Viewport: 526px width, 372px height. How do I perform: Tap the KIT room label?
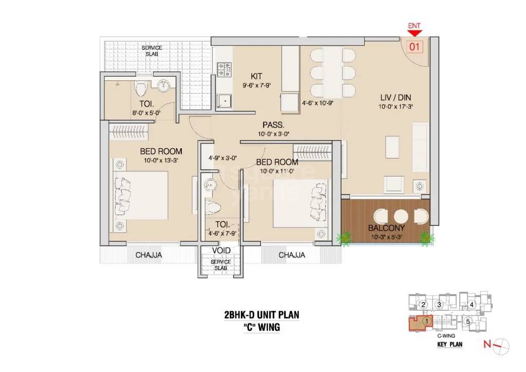[257, 76]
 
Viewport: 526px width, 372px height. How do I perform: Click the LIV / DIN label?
[394, 97]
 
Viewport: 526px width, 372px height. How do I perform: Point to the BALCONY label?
[387, 228]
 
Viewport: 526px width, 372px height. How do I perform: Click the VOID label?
[221, 251]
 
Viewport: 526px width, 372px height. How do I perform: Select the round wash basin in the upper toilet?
[165, 86]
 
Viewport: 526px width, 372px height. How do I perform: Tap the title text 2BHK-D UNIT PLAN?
[261, 315]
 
